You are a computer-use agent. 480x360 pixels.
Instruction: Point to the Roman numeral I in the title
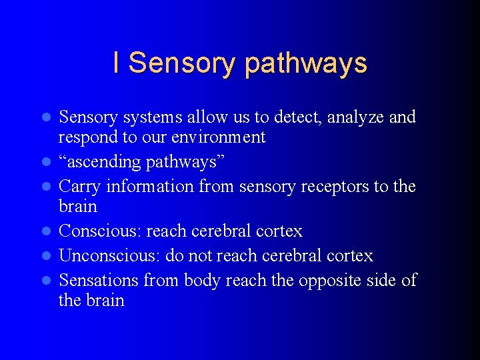(x=117, y=63)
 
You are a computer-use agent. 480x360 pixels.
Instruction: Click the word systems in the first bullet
(x=161, y=117)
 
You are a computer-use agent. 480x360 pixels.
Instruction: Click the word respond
(x=85, y=138)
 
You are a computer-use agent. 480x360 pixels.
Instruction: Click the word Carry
(x=80, y=187)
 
